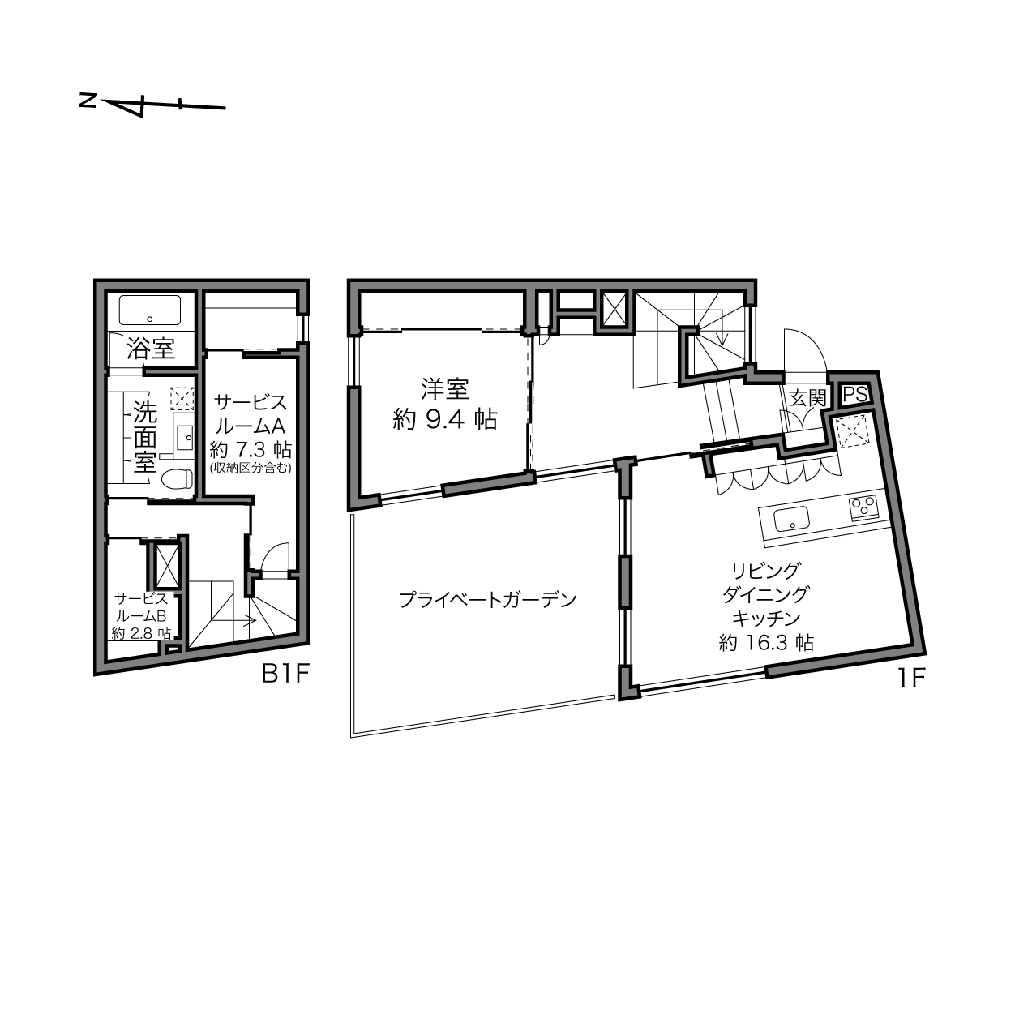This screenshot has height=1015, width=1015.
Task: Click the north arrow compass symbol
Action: coord(152,105)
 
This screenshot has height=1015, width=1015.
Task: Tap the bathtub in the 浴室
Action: coord(150,310)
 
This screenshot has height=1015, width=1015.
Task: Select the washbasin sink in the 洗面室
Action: coord(184,436)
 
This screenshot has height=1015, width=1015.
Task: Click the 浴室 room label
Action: coord(151,348)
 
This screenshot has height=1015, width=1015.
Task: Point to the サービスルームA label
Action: coord(251,413)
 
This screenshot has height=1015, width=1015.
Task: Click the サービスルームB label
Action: coord(140,606)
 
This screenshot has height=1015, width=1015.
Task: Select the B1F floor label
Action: coord(285,673)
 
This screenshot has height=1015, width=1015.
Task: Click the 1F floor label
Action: coord(912,678)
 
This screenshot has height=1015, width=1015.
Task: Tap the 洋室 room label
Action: coord(444,389)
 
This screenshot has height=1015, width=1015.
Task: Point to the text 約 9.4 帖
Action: coord(444,420)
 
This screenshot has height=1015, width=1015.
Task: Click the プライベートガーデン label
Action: coord(487,599)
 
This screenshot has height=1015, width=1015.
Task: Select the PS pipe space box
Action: coord(855,395)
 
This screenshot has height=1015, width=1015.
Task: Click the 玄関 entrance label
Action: coord(807,398)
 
